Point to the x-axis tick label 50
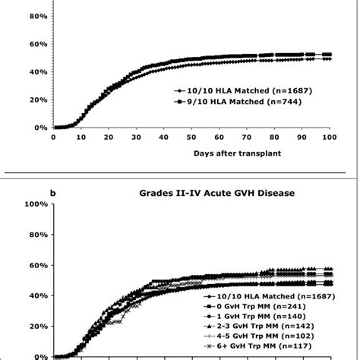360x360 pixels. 191,137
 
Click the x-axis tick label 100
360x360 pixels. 330,137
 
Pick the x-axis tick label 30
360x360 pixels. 136,137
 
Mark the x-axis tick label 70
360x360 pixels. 247,137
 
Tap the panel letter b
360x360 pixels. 52,193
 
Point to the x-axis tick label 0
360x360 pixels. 53,137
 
